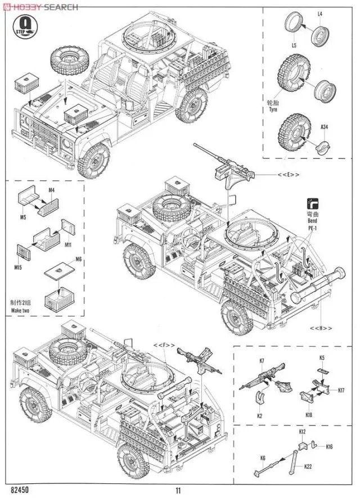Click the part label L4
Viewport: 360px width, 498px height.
click(319, 13)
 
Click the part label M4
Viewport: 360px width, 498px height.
click(51, 190)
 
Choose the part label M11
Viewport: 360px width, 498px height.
click(67, 245)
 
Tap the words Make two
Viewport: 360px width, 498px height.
click(21, 310)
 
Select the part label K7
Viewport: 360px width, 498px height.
click(263, 360)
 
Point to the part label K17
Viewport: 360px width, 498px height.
click(341, 390)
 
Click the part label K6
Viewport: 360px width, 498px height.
click(263, 458)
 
